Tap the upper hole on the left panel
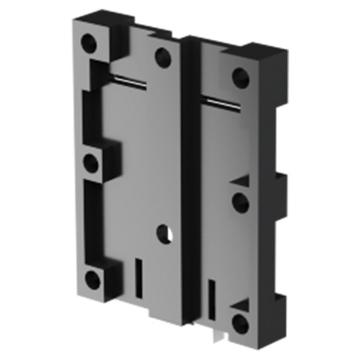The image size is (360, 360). (163, 57)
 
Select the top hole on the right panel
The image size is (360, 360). (241, 77)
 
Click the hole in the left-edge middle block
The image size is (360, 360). (91, 163)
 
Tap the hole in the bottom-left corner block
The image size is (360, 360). (91, 279)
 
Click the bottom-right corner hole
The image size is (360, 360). (241, 323)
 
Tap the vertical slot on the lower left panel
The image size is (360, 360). (138, 276)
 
